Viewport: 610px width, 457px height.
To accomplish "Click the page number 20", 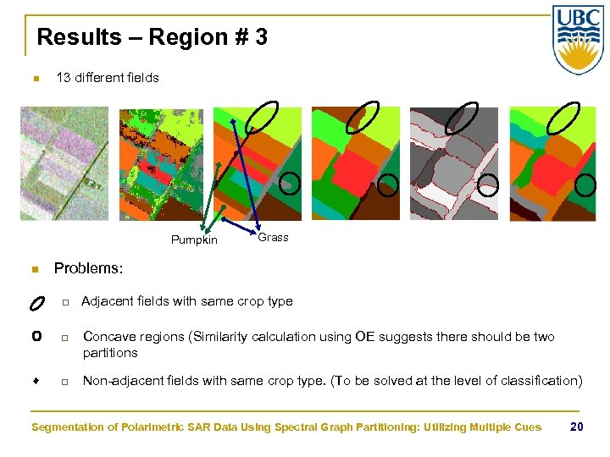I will tap(576, 427).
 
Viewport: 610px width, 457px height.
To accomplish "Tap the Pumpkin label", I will tap(194, 240).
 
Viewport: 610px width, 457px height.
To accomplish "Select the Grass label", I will tap(273, 238).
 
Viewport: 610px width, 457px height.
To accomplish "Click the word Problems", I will tap(88, 268).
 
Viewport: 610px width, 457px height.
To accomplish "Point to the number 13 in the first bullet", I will tap(63, 78).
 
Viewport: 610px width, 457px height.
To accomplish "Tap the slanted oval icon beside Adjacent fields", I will tap(36, 302).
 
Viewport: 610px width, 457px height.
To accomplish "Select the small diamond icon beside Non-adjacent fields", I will tap(36, 381).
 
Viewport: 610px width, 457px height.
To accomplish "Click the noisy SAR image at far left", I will tap(65, 162).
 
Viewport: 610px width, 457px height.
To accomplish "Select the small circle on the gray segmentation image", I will tap(487, 184).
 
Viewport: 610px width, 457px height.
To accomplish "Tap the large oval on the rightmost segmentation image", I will tap(563, 118).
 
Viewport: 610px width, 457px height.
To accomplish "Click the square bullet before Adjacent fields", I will tap(63, 302).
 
